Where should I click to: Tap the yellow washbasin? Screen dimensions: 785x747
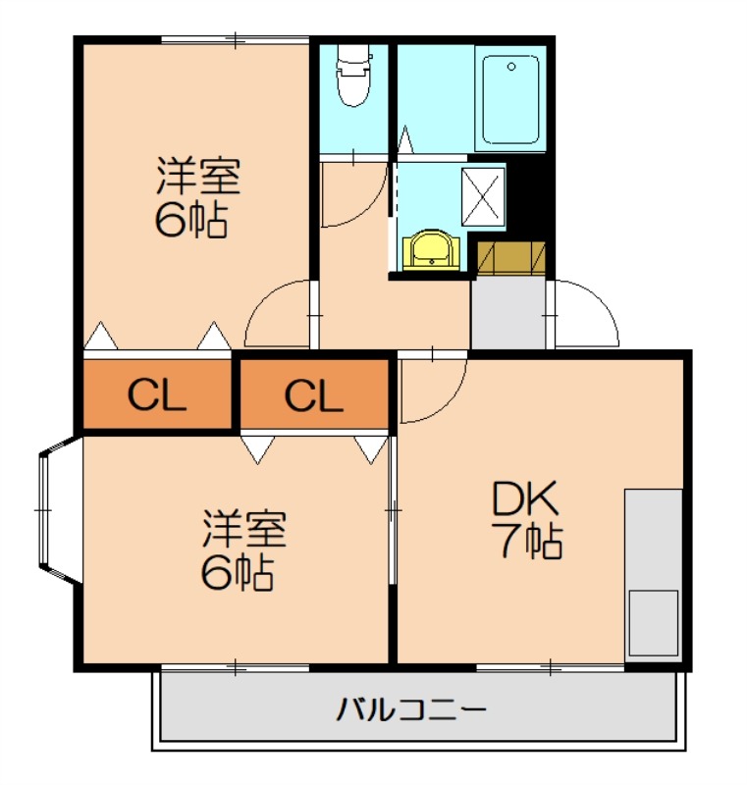point(430,249)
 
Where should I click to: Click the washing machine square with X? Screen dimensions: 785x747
point(483,196)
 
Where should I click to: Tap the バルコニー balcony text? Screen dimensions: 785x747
point(412,708)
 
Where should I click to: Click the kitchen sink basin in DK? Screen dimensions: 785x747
point(653,622)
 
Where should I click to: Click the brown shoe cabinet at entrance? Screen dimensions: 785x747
point(510,256)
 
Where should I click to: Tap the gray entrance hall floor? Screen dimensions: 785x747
point(508,312)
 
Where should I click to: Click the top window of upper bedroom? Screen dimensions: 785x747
point(236,40)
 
